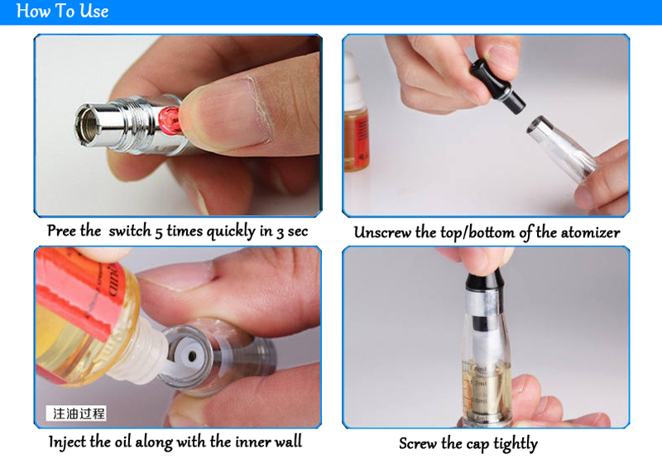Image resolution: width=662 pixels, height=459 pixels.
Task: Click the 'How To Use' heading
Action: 62,11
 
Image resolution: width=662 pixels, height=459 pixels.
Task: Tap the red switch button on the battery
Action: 169,121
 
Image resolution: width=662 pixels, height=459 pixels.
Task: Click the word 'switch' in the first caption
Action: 130,231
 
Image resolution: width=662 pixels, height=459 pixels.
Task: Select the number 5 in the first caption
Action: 158,232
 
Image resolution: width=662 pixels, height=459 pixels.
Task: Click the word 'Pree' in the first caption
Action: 61,231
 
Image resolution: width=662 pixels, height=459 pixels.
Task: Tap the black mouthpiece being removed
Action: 497,86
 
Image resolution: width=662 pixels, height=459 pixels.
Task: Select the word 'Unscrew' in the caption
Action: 382,232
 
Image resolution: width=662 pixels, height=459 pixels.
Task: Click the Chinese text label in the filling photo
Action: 76,414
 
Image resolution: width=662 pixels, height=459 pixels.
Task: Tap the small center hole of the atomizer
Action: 192,357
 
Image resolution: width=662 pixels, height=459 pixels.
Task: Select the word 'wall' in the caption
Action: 288,442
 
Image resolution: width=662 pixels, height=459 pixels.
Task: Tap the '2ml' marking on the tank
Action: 480,384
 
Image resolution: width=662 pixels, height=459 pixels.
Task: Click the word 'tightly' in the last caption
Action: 516,444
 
